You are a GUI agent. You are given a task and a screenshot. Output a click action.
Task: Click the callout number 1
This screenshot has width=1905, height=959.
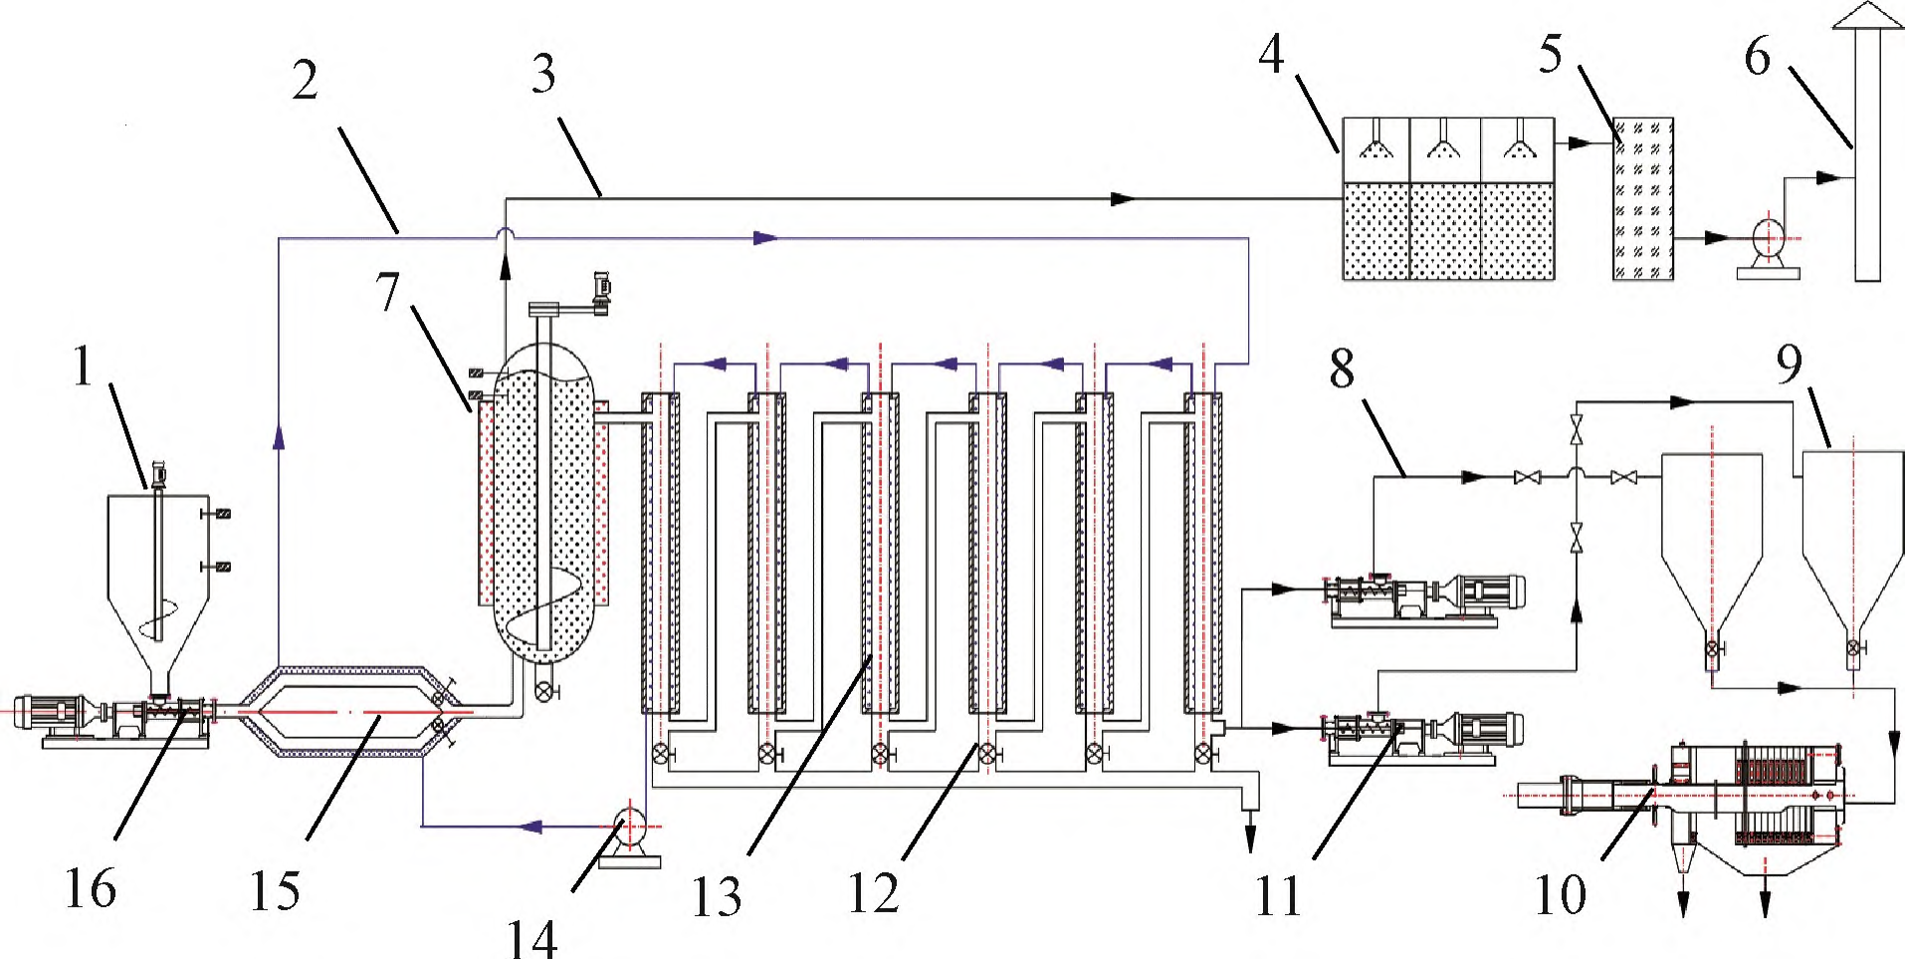click(x=83, y=366)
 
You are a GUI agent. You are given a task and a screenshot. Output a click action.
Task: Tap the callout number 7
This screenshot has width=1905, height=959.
click(x=387, y=292)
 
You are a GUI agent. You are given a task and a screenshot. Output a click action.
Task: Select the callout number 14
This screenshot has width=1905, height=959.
click(x=532, y=937)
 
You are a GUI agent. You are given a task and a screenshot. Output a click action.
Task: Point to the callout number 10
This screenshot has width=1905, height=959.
click(x=1560, y=893)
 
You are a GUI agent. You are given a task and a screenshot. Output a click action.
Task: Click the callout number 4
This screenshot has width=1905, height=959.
click(x=1271, y=54)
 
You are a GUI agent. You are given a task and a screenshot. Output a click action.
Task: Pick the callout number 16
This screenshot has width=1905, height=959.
click(x=90, y=887)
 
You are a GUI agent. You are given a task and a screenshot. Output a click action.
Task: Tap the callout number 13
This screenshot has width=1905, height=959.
click(x=717, y=895)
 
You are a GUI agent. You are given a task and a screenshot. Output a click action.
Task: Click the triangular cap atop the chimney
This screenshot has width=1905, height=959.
click(x=1867, y=17)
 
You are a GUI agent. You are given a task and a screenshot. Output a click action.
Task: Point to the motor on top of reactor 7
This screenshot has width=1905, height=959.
click(x=601, y=290)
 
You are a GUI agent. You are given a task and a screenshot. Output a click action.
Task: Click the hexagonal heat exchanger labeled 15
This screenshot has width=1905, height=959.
click(x=341, y=711)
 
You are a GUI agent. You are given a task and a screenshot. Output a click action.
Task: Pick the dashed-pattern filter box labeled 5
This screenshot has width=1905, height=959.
click(x=1642, y=198)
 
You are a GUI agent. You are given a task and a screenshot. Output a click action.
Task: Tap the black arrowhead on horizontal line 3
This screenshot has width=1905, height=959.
click(x=1123, y=199)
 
